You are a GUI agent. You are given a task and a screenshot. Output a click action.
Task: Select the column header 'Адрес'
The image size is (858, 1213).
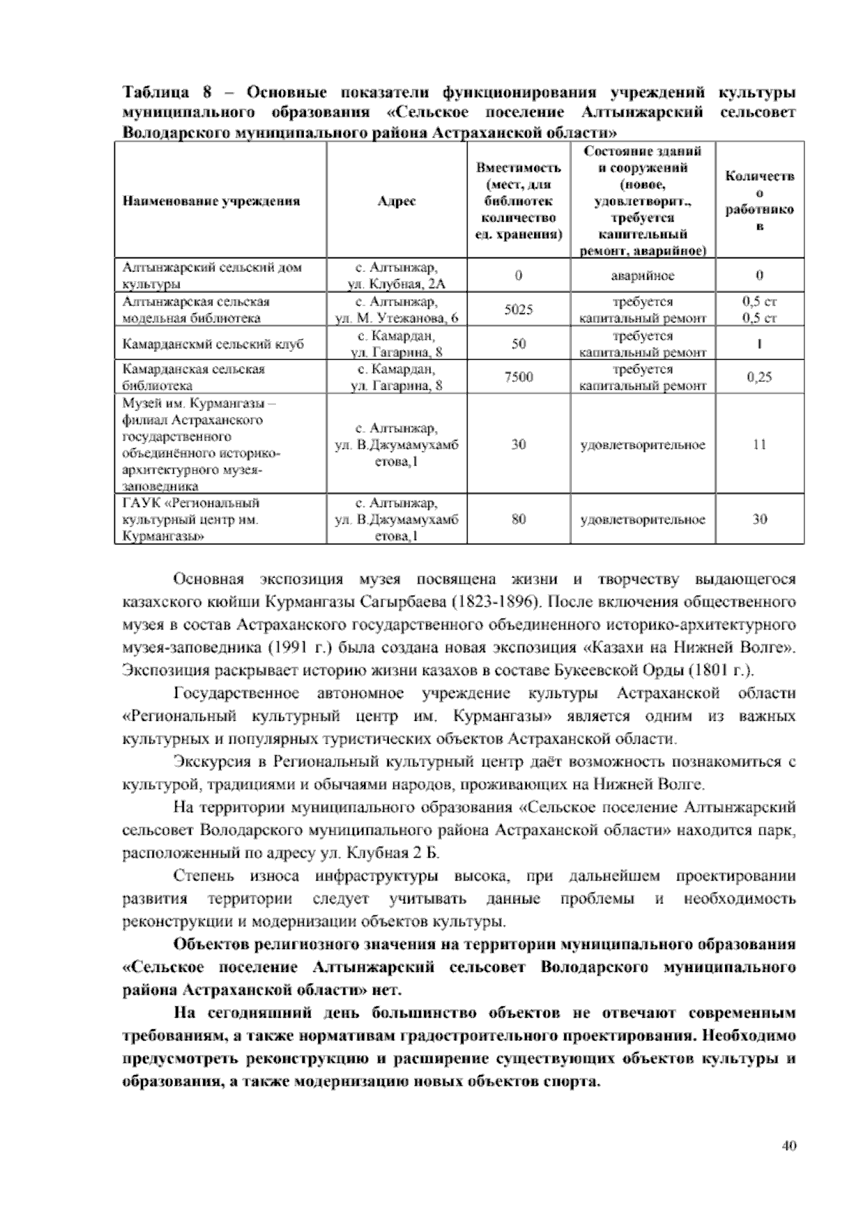point(397,201)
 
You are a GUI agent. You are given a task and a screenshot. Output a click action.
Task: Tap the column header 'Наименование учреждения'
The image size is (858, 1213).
point(211,201)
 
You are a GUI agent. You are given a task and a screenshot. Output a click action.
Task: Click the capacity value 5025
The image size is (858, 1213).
point(518,310)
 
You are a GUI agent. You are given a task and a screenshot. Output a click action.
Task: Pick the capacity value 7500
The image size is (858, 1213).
point(518,377)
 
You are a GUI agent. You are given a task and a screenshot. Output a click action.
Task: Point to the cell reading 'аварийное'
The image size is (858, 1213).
point(642,275)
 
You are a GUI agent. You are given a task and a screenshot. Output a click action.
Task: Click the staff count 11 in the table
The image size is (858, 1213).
point(759,444)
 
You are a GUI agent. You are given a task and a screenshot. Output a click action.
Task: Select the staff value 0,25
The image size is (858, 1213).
point(759,377)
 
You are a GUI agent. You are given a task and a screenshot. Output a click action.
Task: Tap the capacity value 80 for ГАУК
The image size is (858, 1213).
point(518,519)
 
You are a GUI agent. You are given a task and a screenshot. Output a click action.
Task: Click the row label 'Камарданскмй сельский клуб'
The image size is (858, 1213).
point(213,344)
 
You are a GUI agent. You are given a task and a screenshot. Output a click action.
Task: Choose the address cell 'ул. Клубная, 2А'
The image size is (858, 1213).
point(397,284)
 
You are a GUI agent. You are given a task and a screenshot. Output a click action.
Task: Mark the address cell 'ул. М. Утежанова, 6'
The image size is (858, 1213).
point(398,318)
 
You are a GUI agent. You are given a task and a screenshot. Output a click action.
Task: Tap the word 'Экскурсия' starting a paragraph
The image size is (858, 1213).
point(207,762)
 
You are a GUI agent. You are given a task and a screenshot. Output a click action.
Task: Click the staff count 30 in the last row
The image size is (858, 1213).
point(759,519)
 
